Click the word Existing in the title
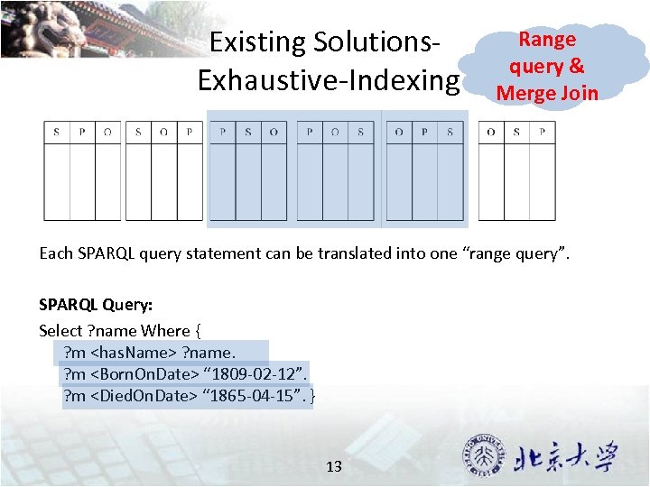[256, 42]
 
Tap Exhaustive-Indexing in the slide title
[328, 80]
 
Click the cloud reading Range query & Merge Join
[547, 66]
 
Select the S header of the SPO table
[56, 132]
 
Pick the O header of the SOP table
[163, 132]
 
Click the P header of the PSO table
[222, 132]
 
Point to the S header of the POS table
[360, 132]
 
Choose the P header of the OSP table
[542, 132]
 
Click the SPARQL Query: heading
[95, 305]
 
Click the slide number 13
[334, 466]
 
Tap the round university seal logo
[484, 456]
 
